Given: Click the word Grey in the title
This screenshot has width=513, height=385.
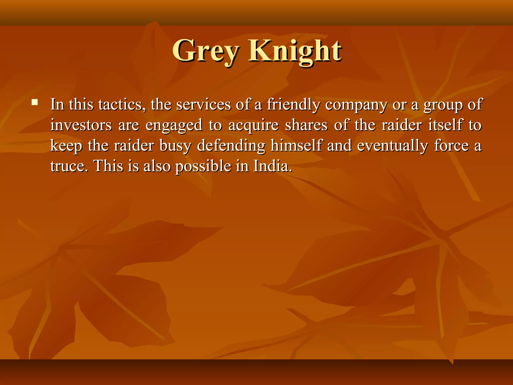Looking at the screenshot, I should pos(205,51).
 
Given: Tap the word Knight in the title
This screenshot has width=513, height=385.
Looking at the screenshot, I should pos(295,51).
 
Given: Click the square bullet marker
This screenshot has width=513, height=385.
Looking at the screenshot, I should pos(35,102).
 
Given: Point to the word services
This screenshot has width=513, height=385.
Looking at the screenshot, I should pos(203,105).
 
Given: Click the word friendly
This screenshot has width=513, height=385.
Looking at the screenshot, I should pos(293,105).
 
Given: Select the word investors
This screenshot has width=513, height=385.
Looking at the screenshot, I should pos(81,125).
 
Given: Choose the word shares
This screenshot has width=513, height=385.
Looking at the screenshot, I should pos(306,125).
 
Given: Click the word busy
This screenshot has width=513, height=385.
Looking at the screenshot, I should pos(175,146).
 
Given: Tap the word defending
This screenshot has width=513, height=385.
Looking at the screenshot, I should pos(231,146).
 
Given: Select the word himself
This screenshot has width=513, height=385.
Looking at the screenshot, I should pos(296,146).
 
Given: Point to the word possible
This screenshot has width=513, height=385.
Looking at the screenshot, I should pos(203,167).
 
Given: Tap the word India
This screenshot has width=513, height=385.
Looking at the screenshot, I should pos(273,166).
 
